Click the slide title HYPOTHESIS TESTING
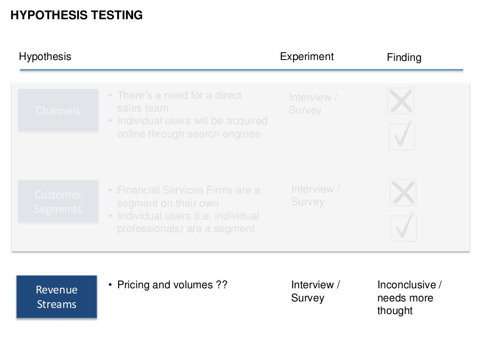(76, 15)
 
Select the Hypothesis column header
(45, 57)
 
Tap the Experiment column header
(307, 57)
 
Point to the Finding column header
(404, 58)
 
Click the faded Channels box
(58, 111)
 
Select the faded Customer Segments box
(58, 202)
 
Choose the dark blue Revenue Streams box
(57, 297)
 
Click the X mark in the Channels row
(401, 101)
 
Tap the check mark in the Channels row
(402, 135)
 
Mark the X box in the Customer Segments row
(403, 193)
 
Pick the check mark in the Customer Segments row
(404, 227)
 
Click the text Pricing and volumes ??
(172, 285)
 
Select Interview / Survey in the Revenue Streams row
(315, 291)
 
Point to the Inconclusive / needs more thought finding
(409, 298)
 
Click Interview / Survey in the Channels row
(313, 104)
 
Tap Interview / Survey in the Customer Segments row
(315, 195)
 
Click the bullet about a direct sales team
(179, 102)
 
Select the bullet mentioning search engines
(192, 127)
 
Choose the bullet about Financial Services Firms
(188, 197)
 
